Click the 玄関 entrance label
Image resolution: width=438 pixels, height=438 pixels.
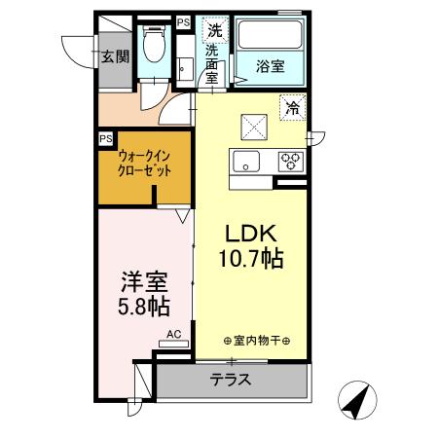[114, 55]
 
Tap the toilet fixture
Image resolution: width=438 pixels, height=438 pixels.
[153, 43]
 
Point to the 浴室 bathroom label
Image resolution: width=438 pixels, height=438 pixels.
[270, 66]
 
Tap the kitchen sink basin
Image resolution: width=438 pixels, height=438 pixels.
[245, 161]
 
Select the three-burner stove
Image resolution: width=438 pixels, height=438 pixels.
[290, 162]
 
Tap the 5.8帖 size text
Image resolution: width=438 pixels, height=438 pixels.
[143, 308]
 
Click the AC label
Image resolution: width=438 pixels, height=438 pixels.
[173, 333]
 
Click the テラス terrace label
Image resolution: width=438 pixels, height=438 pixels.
[232, 380]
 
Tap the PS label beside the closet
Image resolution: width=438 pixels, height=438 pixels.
[105, 138]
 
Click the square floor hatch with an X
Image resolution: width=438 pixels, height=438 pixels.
[255, 124]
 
